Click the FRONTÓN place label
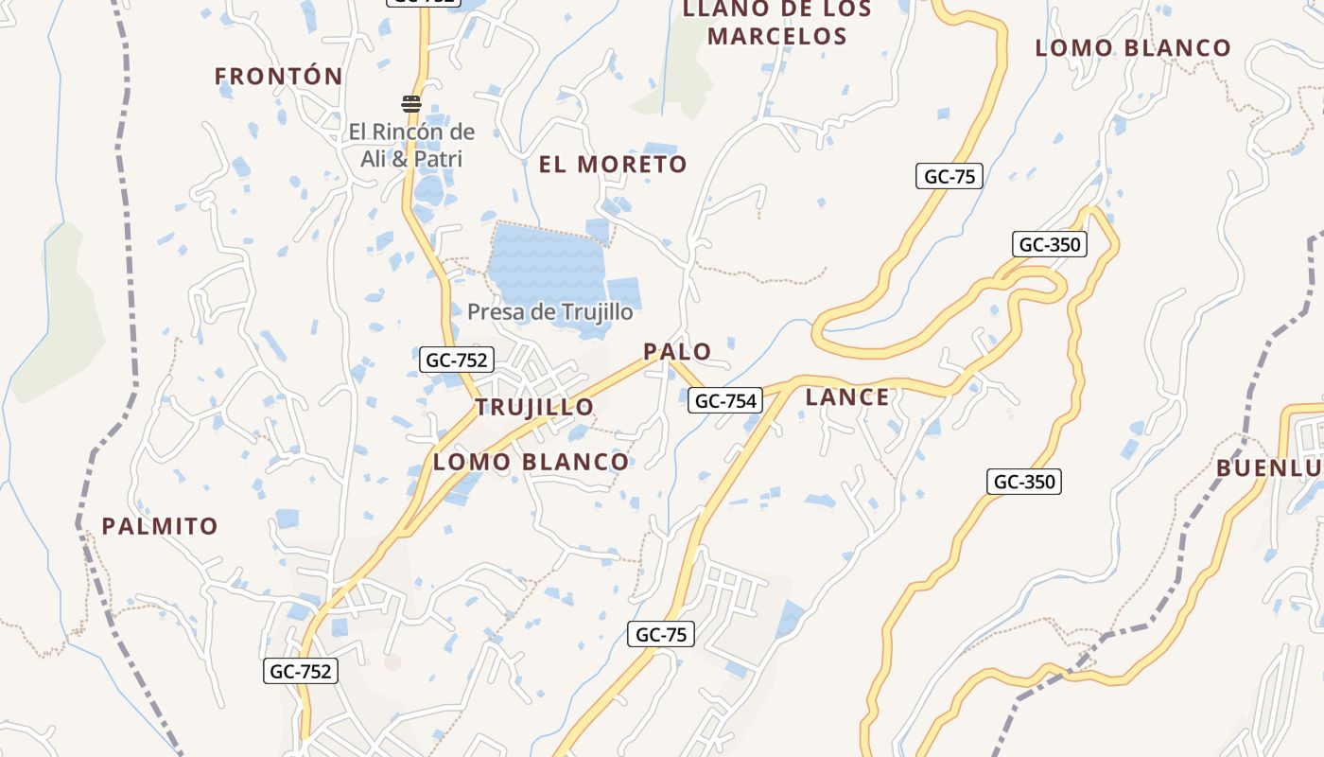pos(278,76)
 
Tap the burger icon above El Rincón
pos(410,104)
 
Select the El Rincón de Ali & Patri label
pos(411,145)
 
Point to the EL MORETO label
pos(613,164)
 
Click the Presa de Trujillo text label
pos(549,310)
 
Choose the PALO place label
pos(677,351)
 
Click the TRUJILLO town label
pos(534,407)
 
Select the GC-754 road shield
pos(725,400)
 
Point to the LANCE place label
pos(847,396)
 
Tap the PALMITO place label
pos(160,525)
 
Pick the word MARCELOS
pos(776,37)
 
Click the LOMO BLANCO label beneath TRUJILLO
pos(531,462)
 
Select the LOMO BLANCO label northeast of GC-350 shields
pos(1133,47)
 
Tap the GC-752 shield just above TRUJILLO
pos(457,360)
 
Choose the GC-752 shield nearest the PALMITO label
pos(300,671)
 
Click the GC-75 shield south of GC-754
pos(661,634)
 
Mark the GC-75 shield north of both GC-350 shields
pos(949,176)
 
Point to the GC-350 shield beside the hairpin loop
pos(1049,244)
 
